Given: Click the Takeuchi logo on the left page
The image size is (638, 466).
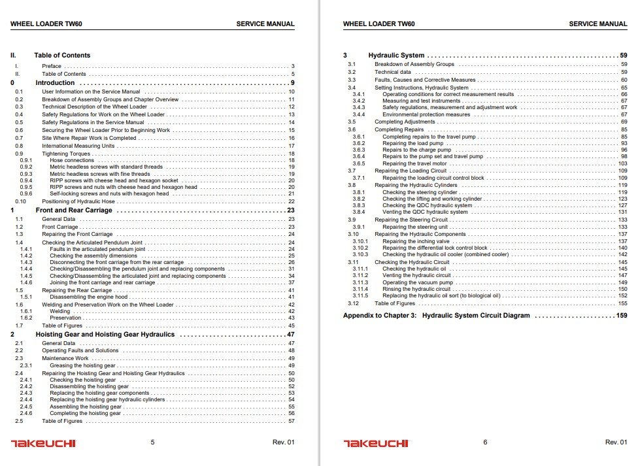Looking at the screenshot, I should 43,443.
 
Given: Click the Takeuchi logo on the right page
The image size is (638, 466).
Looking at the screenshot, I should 376,443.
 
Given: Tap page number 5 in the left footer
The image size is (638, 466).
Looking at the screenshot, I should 152,442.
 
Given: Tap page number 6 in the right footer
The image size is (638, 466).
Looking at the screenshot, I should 485,442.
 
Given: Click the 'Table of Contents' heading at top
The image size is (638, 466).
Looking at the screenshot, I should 62,56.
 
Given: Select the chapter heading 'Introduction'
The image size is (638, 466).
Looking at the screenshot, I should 55,83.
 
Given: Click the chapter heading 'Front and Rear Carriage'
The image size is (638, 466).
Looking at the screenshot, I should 73,210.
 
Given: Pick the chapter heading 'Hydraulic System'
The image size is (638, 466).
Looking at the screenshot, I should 396,56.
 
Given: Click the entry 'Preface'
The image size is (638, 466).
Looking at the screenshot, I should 52,66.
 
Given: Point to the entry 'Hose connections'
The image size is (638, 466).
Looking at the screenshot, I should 72,160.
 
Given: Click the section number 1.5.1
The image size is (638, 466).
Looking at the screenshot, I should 26,297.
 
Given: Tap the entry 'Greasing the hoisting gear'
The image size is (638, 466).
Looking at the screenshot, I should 82,365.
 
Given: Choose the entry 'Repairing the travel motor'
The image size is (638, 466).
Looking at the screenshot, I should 416,163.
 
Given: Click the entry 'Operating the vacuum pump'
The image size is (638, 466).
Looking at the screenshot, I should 418,282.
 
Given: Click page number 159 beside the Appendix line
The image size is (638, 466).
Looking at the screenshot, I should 621,315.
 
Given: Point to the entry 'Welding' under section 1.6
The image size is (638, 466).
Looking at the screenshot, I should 60,311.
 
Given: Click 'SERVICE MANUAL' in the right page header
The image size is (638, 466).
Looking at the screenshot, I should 597,24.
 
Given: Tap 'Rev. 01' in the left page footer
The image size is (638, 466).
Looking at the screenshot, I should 284,442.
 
